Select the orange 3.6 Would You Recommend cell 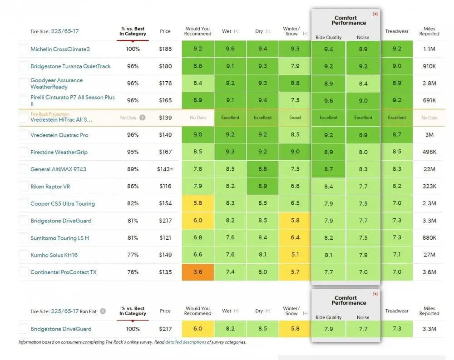point(198,272)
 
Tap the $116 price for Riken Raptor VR point(165,187)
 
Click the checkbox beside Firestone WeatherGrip point(24,152)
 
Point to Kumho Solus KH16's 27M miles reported point(429,255)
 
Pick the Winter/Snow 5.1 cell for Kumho point(295,255)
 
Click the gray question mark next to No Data point(143,118)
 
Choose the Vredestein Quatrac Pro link point(59,135)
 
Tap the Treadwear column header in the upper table point(397,31)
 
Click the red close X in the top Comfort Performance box point(375,14)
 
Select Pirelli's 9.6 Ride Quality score point(328,101)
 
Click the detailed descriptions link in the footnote point(186,342)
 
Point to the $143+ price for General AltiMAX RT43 point(165,169)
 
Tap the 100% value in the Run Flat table point(133,329)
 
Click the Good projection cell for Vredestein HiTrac point(295,118)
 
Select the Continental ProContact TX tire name point(63,272)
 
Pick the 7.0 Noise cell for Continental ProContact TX point(363,272)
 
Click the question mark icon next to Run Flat point(103,311)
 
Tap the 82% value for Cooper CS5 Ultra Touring point(133,204)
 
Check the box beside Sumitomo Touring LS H point(24,238)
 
